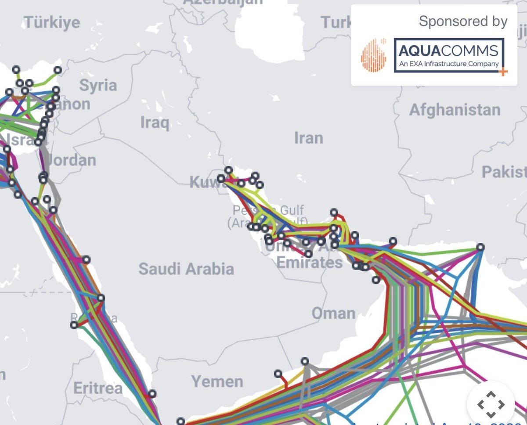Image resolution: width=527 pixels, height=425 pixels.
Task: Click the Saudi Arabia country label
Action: pyautogui.click(x=186, y=268)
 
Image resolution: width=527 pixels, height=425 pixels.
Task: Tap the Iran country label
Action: pyautogui.click(x=308, y=138)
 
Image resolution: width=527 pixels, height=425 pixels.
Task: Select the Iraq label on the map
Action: pyautogui.click(x=155, y=122)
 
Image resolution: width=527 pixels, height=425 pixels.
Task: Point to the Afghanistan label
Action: pyautogui.click(x=455, y=110)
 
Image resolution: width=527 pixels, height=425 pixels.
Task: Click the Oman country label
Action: pyautogui.click(x=333, y=313)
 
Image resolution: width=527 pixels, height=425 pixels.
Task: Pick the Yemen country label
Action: pyautogui.click(x=217, y=381)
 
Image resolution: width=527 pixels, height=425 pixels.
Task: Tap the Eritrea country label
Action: pyautogui.click(x=97, y=388)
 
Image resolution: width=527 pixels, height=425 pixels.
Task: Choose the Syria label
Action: pyautogui.click(x=98, y=85)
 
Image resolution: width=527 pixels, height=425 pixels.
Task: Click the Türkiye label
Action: pyautogui.click(x=52, y=22)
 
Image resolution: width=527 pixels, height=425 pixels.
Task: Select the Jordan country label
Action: pyautogui.click(x=72, y=160)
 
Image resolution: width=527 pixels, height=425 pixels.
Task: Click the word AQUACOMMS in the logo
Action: pyautogui.click(x=448, y=51)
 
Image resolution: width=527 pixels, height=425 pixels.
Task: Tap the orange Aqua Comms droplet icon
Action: pyautogui.click(x=373, y=56)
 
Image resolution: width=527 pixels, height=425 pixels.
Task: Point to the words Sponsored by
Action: pyautogui.click(x=463, y=22)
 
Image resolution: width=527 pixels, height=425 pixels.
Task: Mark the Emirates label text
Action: pyautogui.click(x=309, y=263)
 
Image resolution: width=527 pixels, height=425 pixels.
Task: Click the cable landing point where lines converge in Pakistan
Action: pyautogui.click(x=480, y=247)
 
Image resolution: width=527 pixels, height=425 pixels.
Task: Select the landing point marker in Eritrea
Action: pyautogui.click(x=152, y=394)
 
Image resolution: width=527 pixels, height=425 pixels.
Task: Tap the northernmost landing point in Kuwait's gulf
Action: pyautogui.click(x=228, y=170)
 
